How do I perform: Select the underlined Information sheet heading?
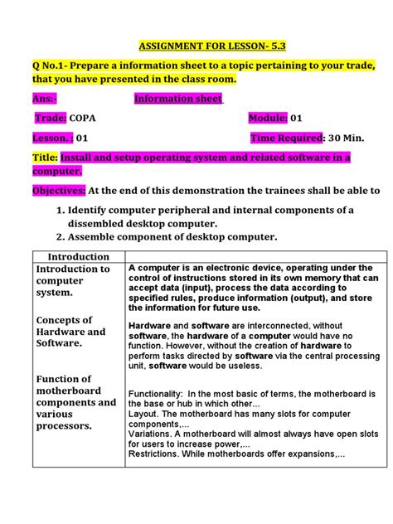[x=178, y=99]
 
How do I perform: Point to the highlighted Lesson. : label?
[x=53, y=138]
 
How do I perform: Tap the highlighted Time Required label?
[x=286, y=138]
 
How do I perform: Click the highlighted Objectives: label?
[x=59, y=190]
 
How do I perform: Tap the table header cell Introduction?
[x=79, y=257]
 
